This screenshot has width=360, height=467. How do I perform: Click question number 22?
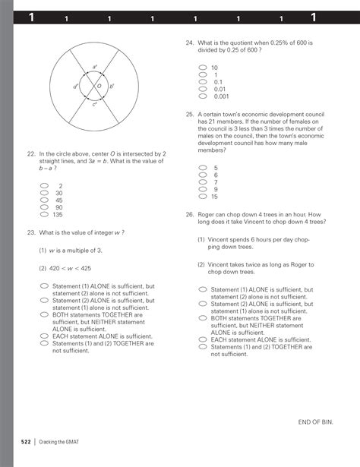[x=31, y=153]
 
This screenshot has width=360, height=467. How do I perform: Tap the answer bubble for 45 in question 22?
[x=45, y=200]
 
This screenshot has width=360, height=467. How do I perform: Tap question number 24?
[x=190, y=44]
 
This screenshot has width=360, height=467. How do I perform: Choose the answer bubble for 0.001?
[x=203, y=96]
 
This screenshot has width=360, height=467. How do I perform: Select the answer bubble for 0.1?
[x=203, y=82]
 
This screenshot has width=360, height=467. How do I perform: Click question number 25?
[x=190, y=115]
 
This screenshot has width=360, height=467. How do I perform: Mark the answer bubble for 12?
[x=203, y=196]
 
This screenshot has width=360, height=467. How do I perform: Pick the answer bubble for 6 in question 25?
[x=203, y=175]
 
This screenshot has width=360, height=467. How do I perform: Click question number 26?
[x=190, y=215]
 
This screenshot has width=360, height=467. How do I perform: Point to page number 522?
[x=25, y=441]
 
